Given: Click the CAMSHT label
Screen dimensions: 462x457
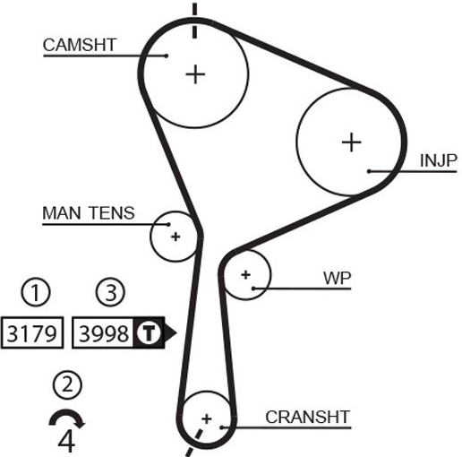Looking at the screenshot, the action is (80, 45).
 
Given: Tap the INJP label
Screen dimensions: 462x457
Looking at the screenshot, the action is (438, 160).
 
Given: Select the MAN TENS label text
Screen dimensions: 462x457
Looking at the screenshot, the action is (89, 213).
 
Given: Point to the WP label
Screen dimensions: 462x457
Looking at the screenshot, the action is (338, 278).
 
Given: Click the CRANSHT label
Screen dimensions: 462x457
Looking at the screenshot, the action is (307, 417).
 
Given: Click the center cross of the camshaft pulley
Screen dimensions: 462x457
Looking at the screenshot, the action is (195, 74).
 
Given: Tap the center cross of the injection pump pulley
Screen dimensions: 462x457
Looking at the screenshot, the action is (351, 142).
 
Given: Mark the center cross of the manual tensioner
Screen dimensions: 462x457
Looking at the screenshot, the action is (175, 237).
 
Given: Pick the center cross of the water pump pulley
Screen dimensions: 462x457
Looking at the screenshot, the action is (245, 274).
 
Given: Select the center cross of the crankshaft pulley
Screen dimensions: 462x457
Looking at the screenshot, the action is (207, 418).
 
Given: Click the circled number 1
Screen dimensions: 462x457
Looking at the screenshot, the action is (36, 292).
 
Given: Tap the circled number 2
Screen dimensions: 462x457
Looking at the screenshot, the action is (67, 384).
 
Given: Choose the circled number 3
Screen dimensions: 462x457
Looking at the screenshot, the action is (110, 292).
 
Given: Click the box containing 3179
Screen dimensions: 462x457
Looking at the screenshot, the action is (32, 332).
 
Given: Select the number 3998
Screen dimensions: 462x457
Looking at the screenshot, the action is (104, 333).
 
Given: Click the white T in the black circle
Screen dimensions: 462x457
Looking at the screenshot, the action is (149, 332).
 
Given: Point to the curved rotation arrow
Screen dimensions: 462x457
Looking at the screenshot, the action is (66, 413).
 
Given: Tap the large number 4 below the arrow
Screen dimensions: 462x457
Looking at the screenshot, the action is (66, 442).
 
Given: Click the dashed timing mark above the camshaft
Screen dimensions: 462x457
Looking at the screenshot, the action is (194, 21).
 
